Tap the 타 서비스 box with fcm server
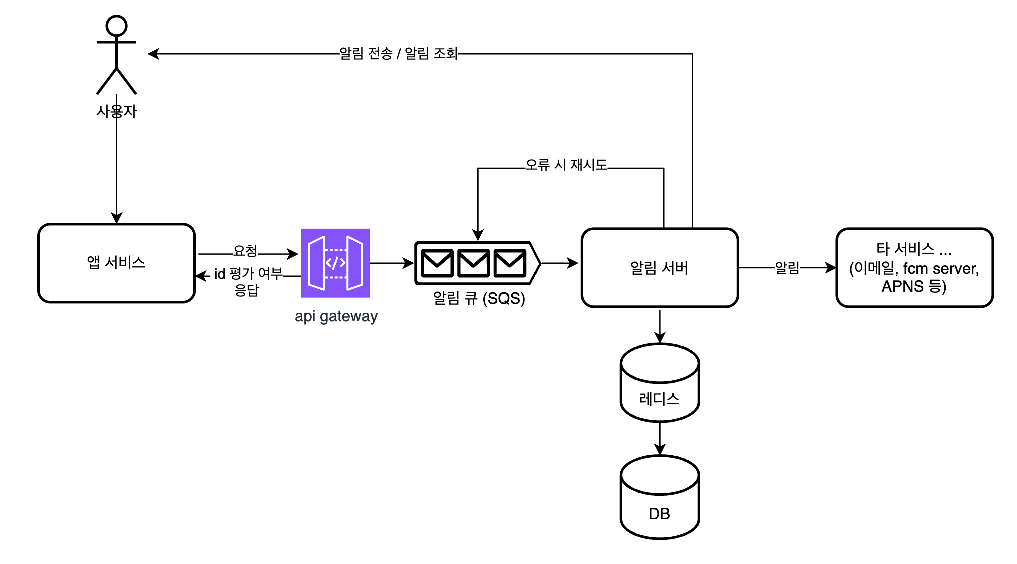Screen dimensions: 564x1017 [x=914, y=268]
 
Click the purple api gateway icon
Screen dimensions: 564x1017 [x=335, y=263]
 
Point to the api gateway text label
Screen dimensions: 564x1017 [x=336, y=316]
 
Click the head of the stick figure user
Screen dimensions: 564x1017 [x=116, y=26]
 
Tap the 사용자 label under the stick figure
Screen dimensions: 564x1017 [x=116, y=111]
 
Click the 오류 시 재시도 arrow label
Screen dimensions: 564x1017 [x=566, y=165]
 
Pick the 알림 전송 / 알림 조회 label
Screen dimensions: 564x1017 [x=398, y=53]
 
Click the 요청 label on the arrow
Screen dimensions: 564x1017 [x=245, y=251]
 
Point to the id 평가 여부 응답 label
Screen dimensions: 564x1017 [x=248, y=281]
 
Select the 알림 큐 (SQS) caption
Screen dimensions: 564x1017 [x=479, y=298]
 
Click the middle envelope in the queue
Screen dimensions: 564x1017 [x=473, y=263]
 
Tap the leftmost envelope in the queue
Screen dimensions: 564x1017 [x=437, y=263]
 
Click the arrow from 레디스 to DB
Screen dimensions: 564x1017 [x=660, y=438]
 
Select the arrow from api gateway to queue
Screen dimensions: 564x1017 [x=392, y=263]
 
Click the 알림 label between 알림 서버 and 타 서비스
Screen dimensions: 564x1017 [x=787, y=268]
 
